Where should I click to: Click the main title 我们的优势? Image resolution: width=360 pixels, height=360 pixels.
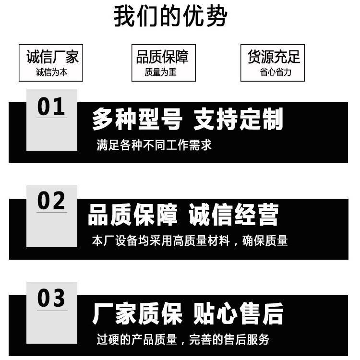click(170, 16)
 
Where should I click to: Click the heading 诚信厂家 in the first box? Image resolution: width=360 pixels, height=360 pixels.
click(52, 57)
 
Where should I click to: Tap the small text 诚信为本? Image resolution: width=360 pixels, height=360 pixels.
click(52, 72)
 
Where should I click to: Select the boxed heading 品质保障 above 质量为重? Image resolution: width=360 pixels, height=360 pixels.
click(162, 57)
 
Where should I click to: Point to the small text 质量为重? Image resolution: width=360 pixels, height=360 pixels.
click(160, 72)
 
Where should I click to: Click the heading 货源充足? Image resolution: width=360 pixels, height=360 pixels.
click(274, 57)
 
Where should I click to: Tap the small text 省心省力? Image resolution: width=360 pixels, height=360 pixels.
click(276, 72)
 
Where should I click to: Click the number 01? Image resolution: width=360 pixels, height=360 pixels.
click(51, 106)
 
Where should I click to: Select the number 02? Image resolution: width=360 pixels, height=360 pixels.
click(51, 201)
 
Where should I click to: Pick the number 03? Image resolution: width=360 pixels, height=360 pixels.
click(51, 298)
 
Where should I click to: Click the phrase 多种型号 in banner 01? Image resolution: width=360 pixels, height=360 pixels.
click(137, 119)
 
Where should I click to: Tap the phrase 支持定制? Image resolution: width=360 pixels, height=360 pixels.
click(238, 119)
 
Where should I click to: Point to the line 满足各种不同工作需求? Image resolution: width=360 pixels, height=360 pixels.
click(154, 145)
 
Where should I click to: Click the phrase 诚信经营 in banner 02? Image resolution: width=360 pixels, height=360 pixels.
click(233, 215)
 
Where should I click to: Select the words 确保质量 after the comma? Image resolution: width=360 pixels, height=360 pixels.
click(265, 240)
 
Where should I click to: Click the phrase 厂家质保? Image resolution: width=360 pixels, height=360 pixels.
click(137, 313)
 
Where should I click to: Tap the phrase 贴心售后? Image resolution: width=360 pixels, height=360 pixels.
click(238, 313)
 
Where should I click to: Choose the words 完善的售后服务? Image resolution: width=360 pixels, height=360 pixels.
click(229, 339)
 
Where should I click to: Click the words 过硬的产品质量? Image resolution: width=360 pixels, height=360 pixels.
click(137, 339)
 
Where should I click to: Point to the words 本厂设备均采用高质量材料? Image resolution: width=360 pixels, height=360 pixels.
click(161, 240)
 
